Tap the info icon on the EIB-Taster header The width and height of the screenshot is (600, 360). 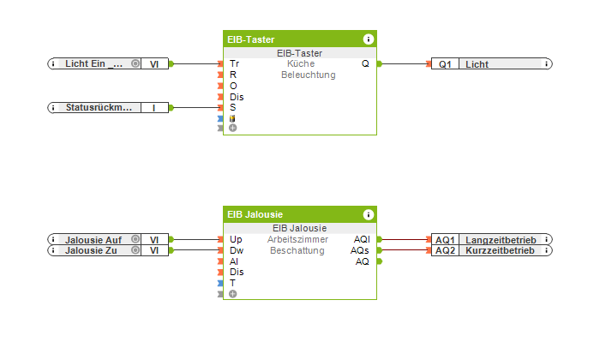368,39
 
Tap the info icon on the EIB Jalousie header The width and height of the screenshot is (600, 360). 368,214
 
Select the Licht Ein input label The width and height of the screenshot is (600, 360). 93,63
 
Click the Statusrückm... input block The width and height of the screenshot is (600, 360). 99,107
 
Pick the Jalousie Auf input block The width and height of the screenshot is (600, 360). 93,240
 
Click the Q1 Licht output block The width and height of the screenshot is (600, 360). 489,64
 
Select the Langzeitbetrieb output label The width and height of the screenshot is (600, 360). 499,240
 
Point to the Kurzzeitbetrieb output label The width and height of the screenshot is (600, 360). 499,250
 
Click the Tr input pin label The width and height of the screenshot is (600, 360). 234,63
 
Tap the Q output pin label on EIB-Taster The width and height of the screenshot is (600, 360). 365,63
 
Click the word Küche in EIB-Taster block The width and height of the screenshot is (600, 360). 301,63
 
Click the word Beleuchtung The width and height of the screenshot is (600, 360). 308,75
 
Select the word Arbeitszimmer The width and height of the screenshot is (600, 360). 297,239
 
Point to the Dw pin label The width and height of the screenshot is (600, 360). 236,250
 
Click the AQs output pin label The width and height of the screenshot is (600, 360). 362,250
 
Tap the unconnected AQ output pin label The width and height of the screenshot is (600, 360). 363,261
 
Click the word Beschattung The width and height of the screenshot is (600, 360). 297,250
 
